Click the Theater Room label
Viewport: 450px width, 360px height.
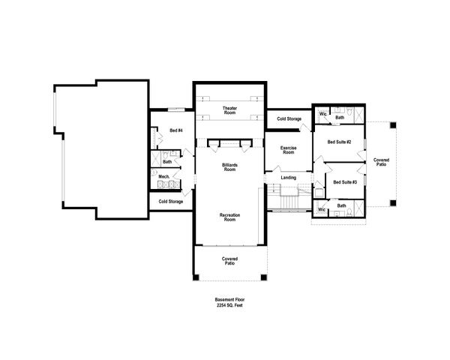point(229,111)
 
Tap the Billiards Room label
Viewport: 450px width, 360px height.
point(229,166)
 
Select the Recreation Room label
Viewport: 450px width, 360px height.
point(229,218)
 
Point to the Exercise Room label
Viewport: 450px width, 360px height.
point(288,150)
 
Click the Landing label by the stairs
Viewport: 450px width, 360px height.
point(288,178)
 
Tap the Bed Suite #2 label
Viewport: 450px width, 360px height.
point(340,141)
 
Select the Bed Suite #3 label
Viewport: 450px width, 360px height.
point(345,182)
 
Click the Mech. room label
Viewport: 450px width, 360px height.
point(162,177)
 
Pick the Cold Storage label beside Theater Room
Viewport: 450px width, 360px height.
point(289,119)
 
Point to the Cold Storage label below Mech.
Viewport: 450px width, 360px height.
point(170,202)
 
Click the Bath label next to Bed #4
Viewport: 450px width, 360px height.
point(167,161)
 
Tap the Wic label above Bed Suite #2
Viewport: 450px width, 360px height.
point(322,115)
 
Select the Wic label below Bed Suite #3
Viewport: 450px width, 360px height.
point(321,210)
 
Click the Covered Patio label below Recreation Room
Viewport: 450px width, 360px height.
point(229,262)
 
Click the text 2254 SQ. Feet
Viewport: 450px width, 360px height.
point(229,306)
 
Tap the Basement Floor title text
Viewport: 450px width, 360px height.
point(229,300)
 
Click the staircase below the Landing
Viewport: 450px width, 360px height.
point(289,200)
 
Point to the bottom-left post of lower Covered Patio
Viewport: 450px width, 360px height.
point(196,278)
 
